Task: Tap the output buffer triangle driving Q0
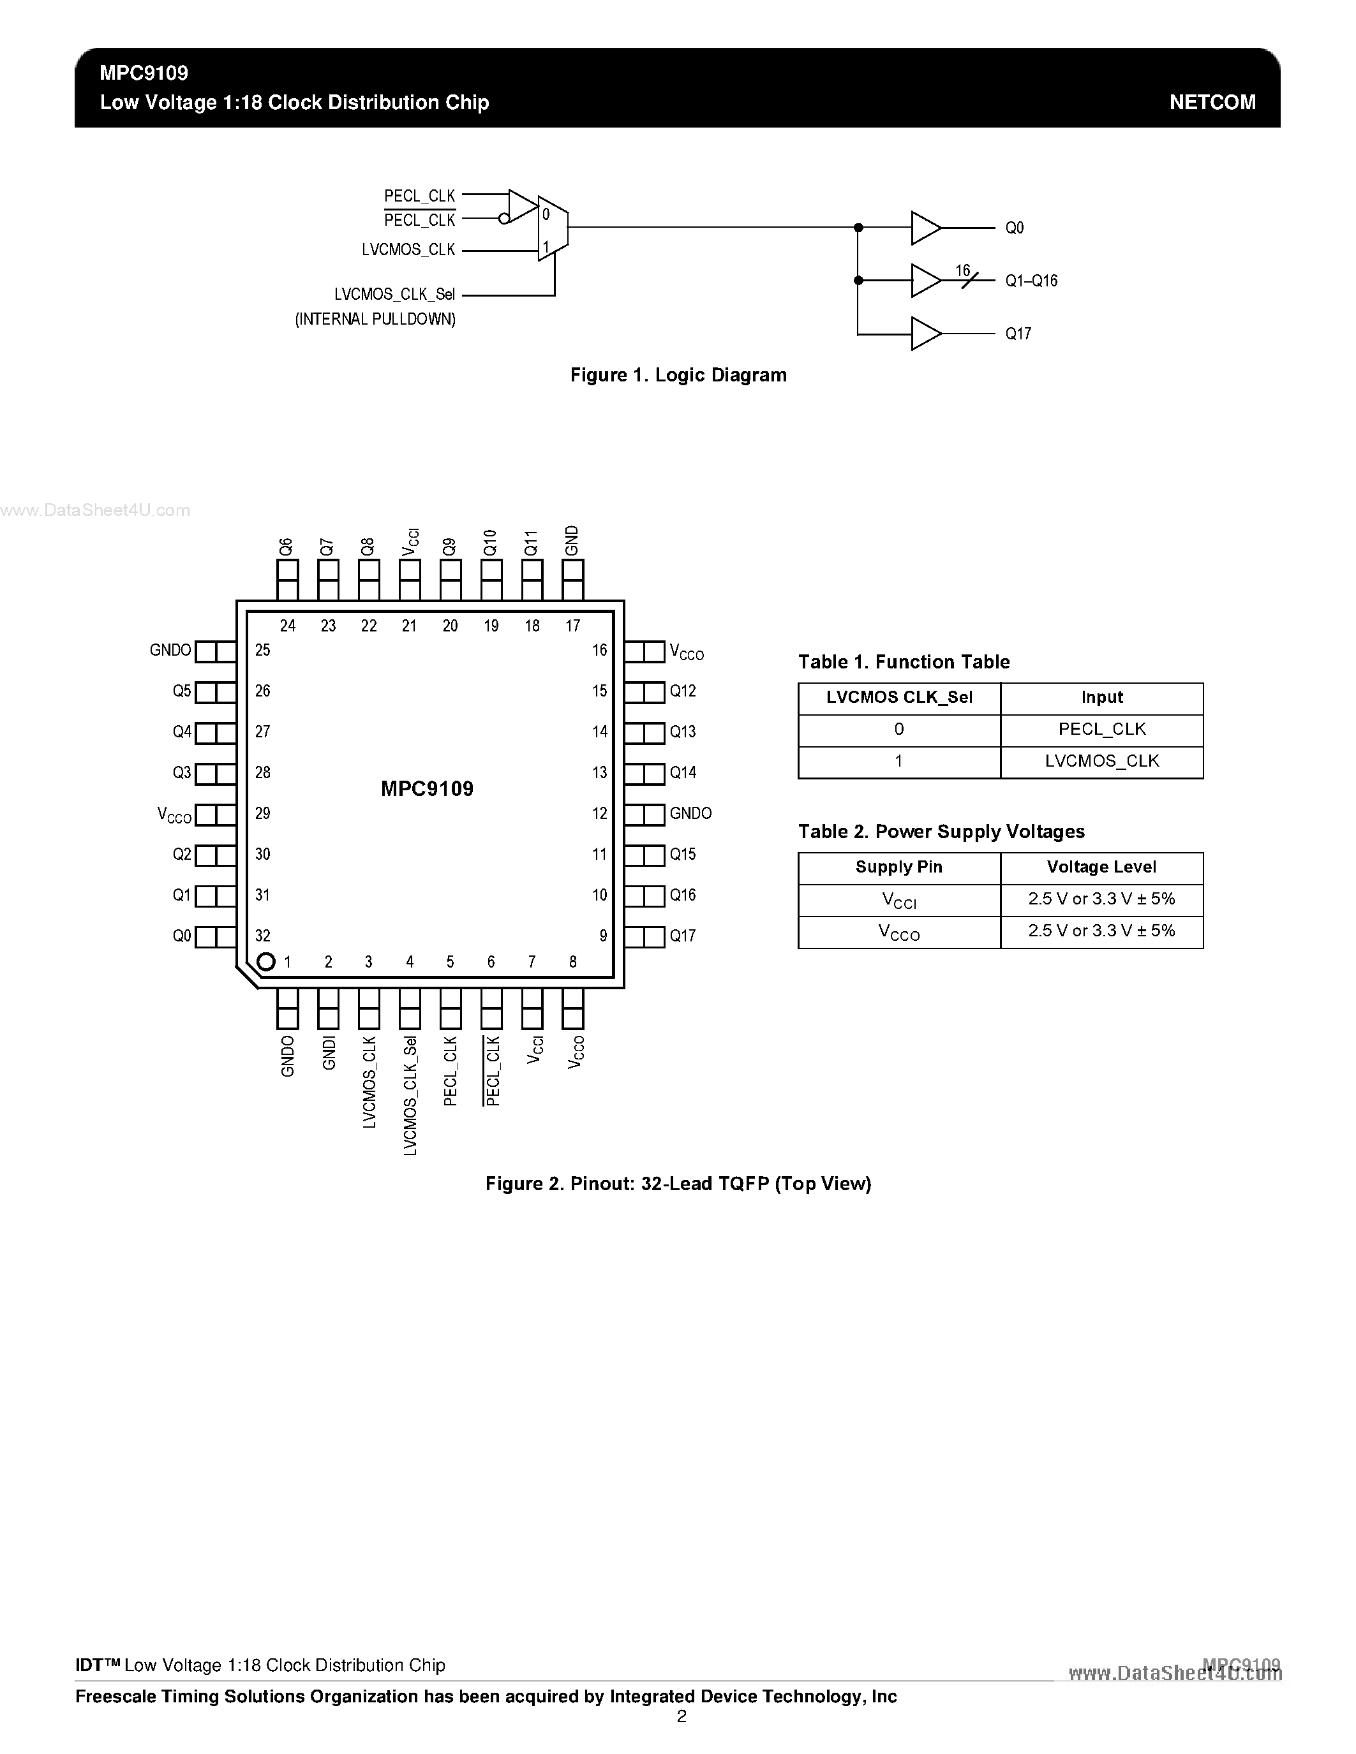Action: pos(925,228)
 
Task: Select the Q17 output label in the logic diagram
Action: pos(1018,334)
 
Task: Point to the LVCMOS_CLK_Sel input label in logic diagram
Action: pos(394,295)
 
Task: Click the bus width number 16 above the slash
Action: pos(963,270)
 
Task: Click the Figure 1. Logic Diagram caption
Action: pos(678,375)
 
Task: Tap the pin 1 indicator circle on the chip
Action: pos(266,961)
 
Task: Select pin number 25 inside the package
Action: pos(263,650)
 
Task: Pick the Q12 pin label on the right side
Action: pos(683,691)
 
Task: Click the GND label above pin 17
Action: pos(572,540)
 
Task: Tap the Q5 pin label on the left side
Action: pos(182,691)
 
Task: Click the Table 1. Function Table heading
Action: pos(904,662)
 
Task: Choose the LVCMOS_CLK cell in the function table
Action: pos(1101,762)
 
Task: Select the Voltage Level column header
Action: pos(1101,867)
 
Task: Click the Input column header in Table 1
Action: pos(1101,698)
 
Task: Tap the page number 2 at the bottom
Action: pos(682,1716)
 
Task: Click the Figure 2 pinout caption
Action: pos(678,1184)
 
